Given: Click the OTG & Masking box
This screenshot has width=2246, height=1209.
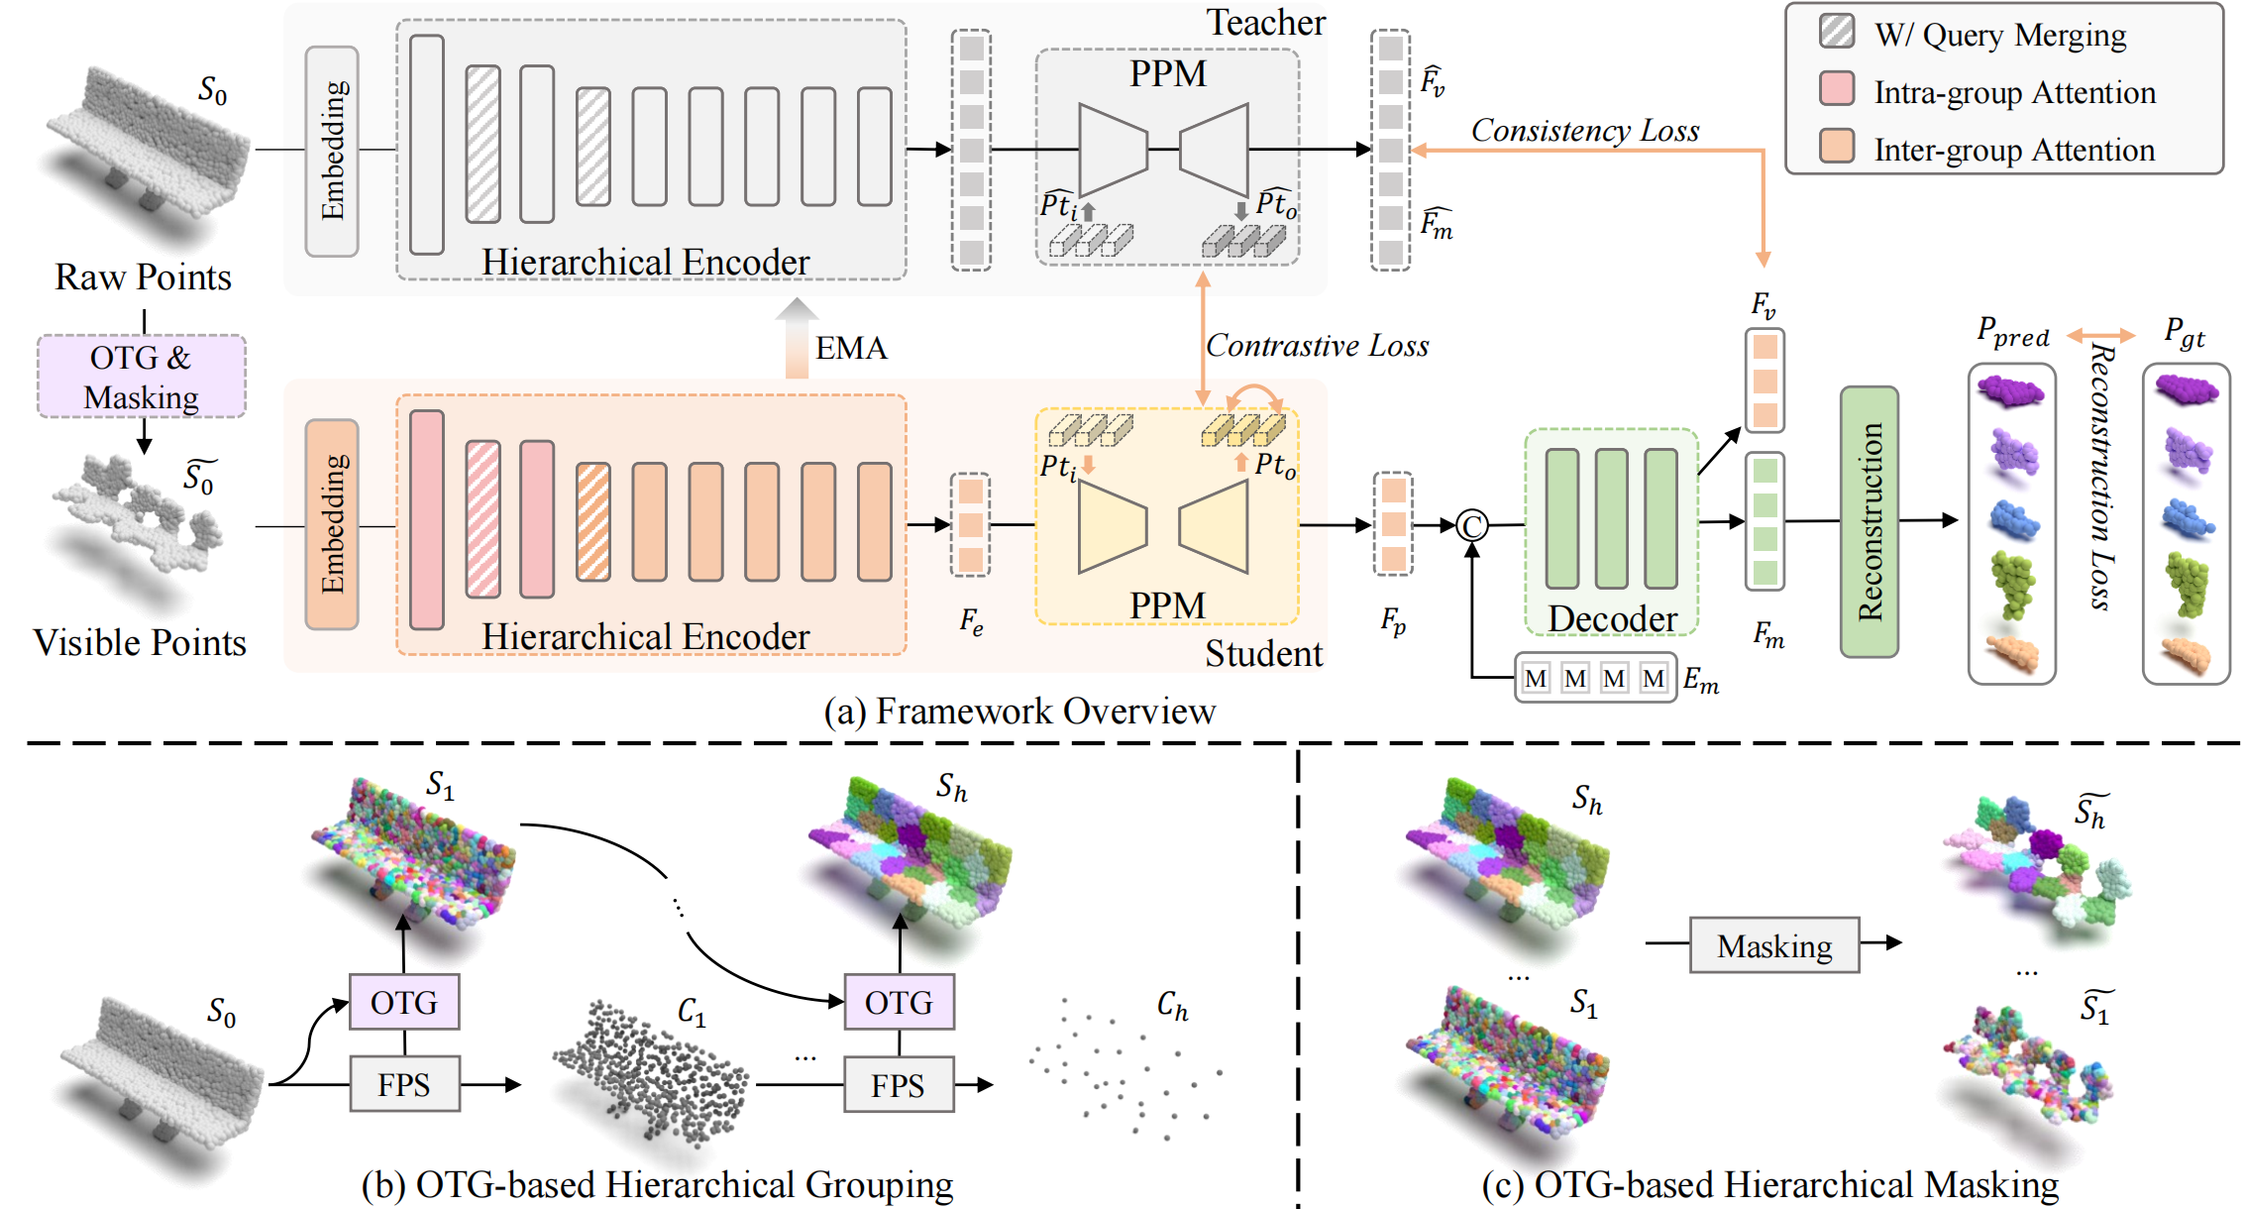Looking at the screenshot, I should click(142, 377).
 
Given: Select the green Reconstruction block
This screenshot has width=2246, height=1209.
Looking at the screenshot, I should click(1869, 521).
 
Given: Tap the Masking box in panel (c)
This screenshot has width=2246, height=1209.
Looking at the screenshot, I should click(1773, 945).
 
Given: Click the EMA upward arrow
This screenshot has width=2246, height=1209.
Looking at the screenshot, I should click(796, 339).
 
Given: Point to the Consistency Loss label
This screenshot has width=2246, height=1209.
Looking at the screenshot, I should click(1584, 131).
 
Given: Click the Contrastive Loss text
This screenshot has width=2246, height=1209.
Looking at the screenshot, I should click(1317, 346).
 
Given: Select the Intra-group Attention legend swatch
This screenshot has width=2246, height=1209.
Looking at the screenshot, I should click(1837, 89).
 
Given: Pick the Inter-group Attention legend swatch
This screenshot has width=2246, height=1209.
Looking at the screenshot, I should click(1837, 147).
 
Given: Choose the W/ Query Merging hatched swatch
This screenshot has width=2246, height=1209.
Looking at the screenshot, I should click(1837, 31).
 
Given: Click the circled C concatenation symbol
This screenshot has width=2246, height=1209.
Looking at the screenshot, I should click(1472, 525).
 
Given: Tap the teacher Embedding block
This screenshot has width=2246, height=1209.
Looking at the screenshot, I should click(332, 151).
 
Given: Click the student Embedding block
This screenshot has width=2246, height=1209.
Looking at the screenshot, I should click(332, 524).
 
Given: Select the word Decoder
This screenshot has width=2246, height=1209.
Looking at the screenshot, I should click(1612, 618).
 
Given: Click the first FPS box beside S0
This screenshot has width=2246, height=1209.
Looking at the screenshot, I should click(404, 1084).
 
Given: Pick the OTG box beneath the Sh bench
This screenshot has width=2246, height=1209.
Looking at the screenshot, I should click(899, 1002).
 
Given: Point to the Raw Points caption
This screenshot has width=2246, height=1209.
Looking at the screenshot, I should click(143, 277).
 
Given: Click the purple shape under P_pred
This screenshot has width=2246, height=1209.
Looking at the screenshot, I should click(2010, 390).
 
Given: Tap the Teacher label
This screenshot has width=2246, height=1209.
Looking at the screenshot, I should click(1265, 23).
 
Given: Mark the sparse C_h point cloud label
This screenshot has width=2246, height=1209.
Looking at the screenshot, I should click(1172, 1007).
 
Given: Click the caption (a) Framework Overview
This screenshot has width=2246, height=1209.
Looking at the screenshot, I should click(1019, 712).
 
